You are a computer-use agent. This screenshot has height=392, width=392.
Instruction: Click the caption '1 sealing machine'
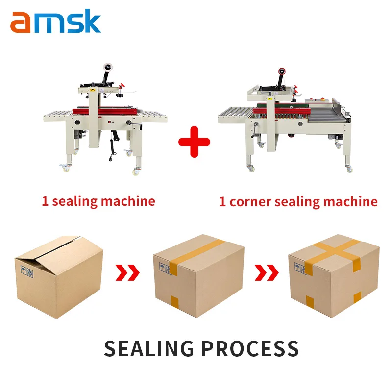pos(98,201)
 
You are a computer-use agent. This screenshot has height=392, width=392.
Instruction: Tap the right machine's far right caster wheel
pos(349,169)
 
